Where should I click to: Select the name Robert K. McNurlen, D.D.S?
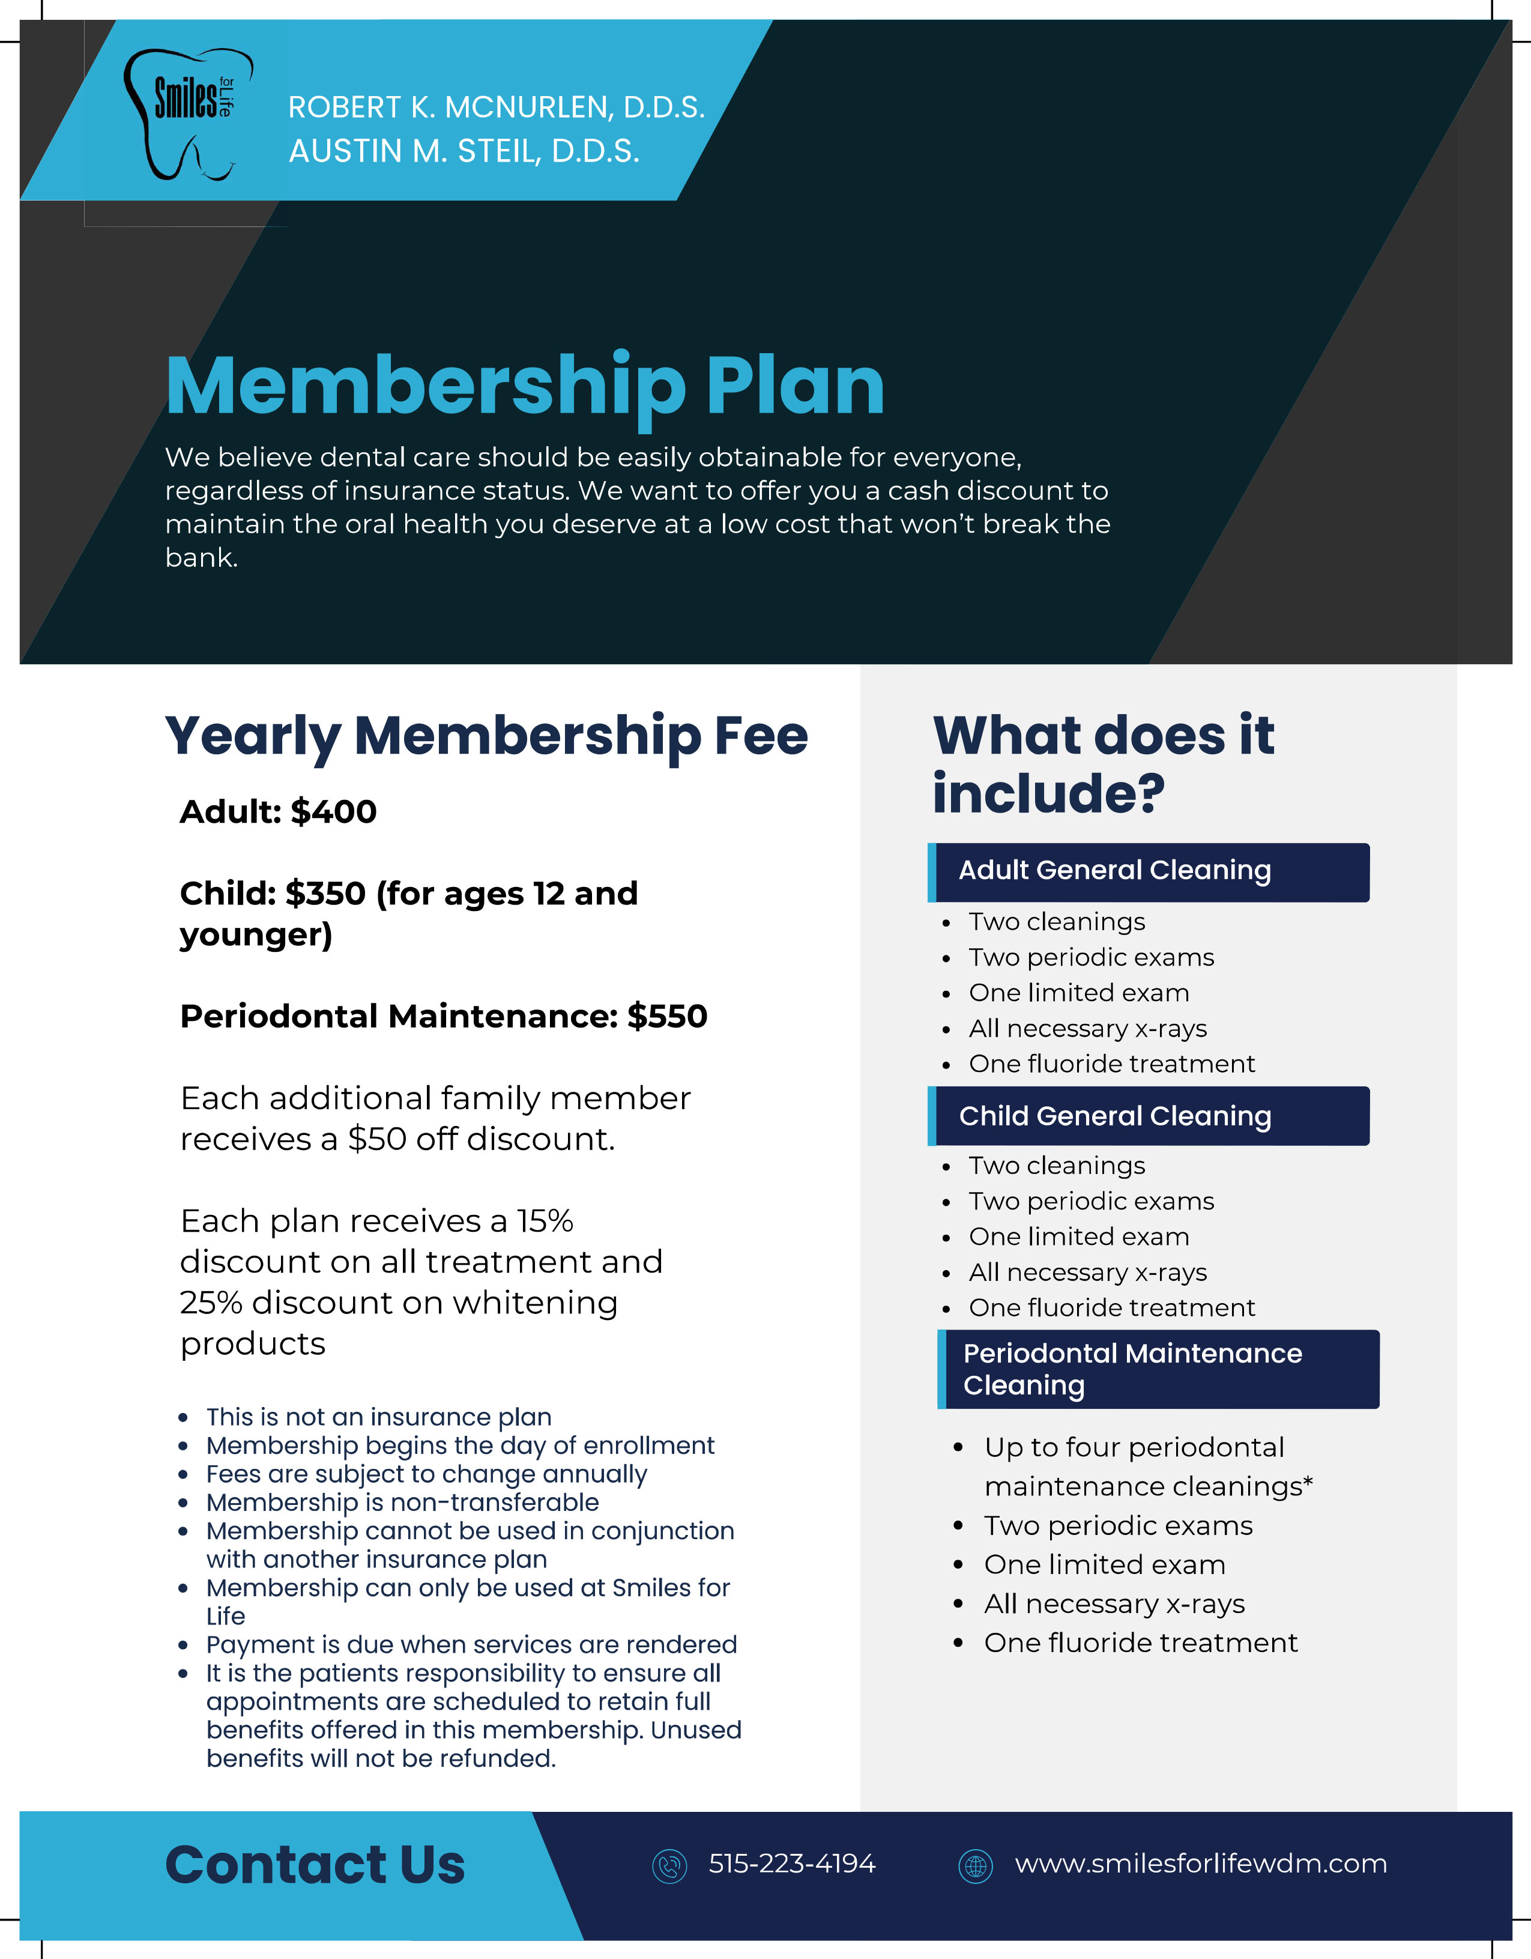pyautogui.click(x=496, y=107)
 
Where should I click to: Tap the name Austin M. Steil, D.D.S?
pyautogui.click(x=464, y=151)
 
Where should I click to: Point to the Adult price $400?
pyautogui.click(x=334, y=812)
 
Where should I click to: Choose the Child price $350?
pyautogui.click(x=325, y=894)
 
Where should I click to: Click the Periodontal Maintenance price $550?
pyautogui.click(x=667, y=1016)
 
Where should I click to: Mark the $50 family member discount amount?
pyautogui.click(x=376, y=1139)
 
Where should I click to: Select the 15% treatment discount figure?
pyautogui.click(x=545, y=1221)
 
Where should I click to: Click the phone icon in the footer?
pyautogui.click(x=669, y=1867)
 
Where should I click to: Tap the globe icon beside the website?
pyautogui.click(x=975, y=1867)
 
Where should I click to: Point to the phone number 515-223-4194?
pyautogui.click(x=791, y=1864)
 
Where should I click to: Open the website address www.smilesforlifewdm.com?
pyautogui.click(x=1200, y=1864)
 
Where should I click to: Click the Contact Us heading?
pyautogui.click(x=315, y=1866)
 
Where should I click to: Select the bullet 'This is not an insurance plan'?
pyautogui.click(x=378, y=1417)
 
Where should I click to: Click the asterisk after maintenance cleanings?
pyautogui.click(x=1309, y=1482)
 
